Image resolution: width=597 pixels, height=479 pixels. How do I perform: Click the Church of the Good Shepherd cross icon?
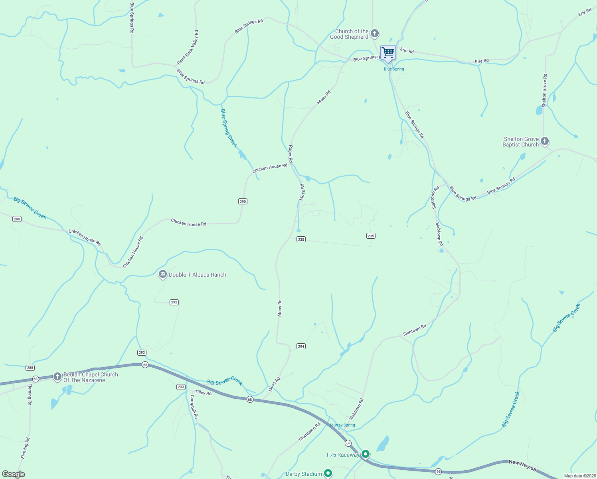pyautogui.click(x=374, y=34)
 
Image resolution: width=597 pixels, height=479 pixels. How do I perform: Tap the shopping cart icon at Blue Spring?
pyautogui.click(x=388, y=53)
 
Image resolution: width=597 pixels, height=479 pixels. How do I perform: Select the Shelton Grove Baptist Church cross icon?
pyautogui.click(x=544, y=141)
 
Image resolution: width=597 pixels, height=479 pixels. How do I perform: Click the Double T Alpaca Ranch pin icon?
pyautogui.click(x=162, y=274)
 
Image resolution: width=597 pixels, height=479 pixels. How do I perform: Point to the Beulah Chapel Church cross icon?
pyautogui.click(x=57, y=376)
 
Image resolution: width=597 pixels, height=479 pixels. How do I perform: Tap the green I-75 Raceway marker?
pyautogui.click(x=365, y=454)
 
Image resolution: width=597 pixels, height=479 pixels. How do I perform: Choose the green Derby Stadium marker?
pyautogui.click(x=328, y=473)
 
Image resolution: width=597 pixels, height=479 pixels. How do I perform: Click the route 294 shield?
pyautogui.click(x=301, y=346)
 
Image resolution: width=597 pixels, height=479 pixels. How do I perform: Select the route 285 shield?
pyautogui.click(x=30, y=368)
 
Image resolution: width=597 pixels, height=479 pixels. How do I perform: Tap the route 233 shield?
pyautogui.click(x=181, y=387)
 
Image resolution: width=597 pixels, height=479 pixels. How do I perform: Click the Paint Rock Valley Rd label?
pyautogui.click(x=188, y=48)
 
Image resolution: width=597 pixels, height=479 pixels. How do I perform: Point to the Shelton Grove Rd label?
pyautogui.click(x=544, y=90)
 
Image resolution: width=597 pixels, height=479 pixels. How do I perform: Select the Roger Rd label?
pyautogui.click(x=291, y=154)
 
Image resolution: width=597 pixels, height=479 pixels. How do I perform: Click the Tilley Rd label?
pyautogui.click(x=203, y=393)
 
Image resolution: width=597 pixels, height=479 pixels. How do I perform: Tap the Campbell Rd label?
pyautogui.click(x=194, y=406)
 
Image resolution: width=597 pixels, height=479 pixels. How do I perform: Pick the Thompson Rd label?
pyautogui.click(x=309, y=432)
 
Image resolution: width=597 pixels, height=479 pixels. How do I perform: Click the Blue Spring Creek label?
pyautogui.click(x=229, y=128)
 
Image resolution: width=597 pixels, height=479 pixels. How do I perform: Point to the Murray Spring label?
pyautogui.click(x=342, y=425)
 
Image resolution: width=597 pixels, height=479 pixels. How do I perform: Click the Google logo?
pyautogui.click(x=13, y=474)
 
